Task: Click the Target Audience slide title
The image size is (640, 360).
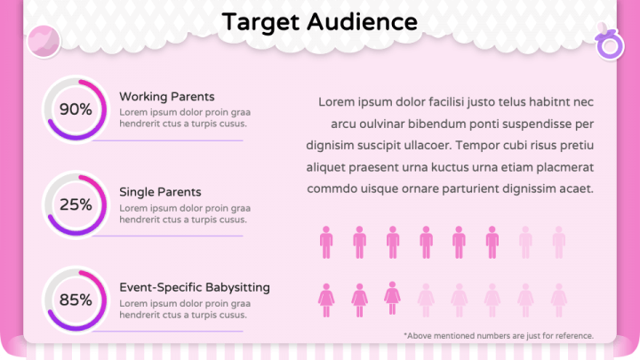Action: (x=319, y=21)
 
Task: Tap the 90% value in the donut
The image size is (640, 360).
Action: (x=76, y=109)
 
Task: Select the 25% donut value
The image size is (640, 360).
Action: (x=76, y=204)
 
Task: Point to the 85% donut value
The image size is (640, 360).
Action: (x=76, y=300)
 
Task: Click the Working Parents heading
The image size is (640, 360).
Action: (x=166, y=96)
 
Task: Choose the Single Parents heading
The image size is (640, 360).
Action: (x=160, y=191)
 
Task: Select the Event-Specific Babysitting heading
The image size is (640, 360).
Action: (x=195, y=287)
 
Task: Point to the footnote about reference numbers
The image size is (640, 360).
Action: (x=498, y=335)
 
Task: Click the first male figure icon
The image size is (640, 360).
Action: (x=326, y=241)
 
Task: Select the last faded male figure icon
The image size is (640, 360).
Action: (x=558, y=241)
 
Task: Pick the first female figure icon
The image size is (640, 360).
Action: (x=326, y=299)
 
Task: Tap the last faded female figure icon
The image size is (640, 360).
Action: (x=558, y=299)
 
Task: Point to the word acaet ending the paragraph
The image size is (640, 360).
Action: (x=574, y=188)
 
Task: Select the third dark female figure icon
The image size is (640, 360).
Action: (x=392, y=297)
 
